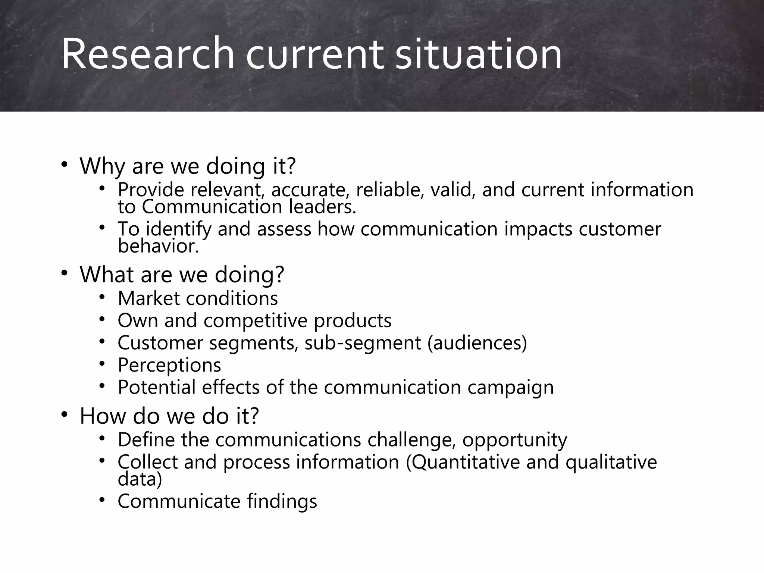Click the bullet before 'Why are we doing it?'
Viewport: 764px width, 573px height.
pyautogui.click(x=65, y=164)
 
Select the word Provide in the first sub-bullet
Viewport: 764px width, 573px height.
pyautogui.click(x=151, y=190)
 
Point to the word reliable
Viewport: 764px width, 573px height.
pyautogui.click(x=390, y=190)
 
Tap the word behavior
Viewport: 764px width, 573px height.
pyautogui.click(x=158, y=246)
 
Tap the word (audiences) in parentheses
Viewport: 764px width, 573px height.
pyautogui.click(x=477, y=343)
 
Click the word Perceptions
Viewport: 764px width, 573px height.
pyautogui.click(x=169, y=365)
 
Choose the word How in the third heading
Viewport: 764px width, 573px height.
pyautogui.click(x=103, y=416)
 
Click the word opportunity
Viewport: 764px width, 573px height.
pyautogui.click(x=515, y=440)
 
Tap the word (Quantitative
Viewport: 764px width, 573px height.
pyautogui.click(x=463, y=462)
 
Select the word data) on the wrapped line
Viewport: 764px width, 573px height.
pyautogui.click(x=140, y=479)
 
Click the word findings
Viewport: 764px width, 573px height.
pyautogui.click(x=282, y=501)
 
